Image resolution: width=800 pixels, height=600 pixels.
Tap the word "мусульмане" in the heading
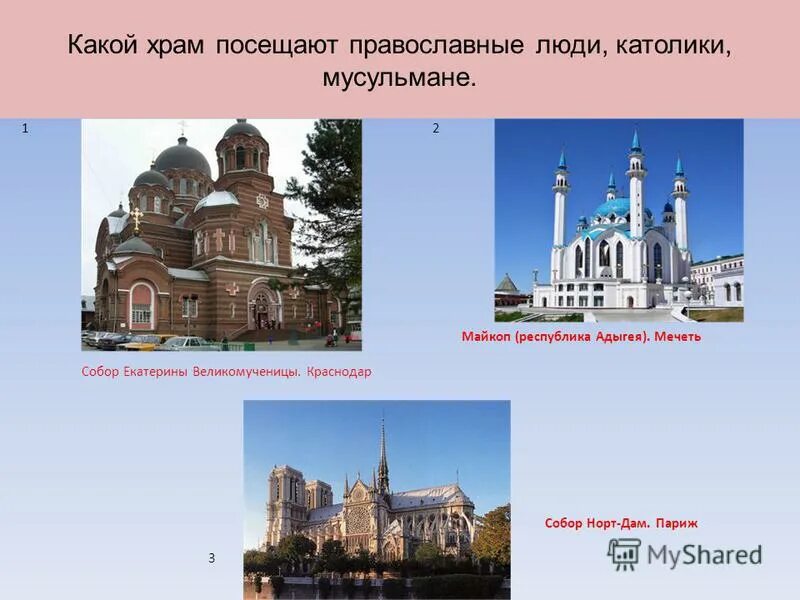(x=398, y=77)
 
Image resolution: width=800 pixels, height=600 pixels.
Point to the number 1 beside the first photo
(x=24, y=129)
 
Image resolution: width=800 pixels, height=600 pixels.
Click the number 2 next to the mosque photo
(x=435, y=129)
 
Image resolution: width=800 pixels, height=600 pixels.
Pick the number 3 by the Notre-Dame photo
(x=211, y=558)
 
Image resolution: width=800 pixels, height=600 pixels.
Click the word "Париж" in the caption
(x=676, y=523)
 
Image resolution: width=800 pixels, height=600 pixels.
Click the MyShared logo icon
(x=624, y=554)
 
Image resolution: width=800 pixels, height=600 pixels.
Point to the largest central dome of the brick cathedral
(x=182, y=158)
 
